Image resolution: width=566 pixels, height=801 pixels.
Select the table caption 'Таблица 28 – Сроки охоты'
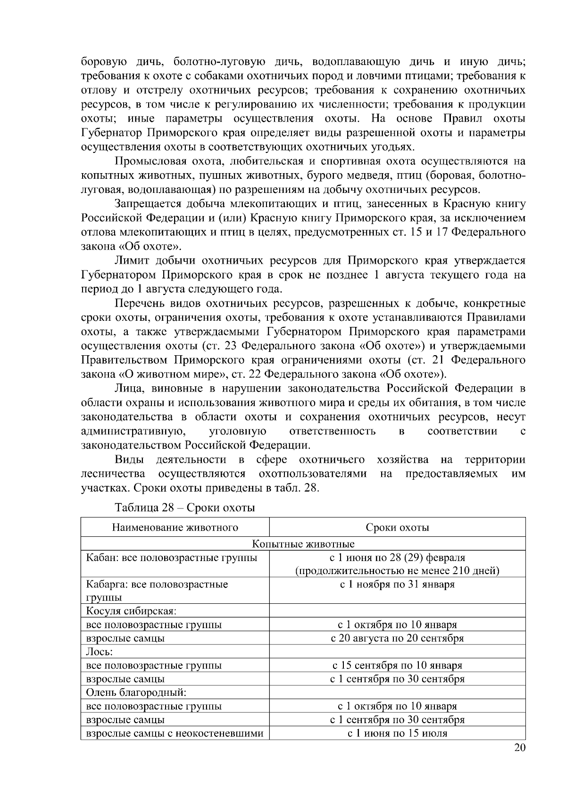pyautogui.click(x=185, y=508)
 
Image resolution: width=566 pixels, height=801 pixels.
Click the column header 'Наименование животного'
pyautogui.click(x=175, y=527)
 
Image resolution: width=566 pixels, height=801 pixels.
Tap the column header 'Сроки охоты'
pyautogui.click(x=397, y=527)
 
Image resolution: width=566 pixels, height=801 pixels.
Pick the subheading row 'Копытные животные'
pyautogui.click(x=303, y=544)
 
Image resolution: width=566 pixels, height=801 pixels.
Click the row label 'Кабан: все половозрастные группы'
pyautogui.click(x=172, y=558)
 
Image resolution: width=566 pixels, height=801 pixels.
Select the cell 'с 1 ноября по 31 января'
pyautogui.click(x=397, y=584)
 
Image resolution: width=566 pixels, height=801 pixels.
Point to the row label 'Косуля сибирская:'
pyautogui.click(x=131, y=611)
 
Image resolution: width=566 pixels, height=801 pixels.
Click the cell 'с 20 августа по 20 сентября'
pyautogui.click(x=397, y=638)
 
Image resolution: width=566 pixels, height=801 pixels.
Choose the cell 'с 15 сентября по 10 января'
pyautogui.click(x=397, y=666)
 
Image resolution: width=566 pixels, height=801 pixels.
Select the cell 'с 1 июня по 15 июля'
pyautogui.click(x=397, y=734)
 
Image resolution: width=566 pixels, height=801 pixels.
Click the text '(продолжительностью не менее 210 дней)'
pyautogui.click(x=397, y=571)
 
